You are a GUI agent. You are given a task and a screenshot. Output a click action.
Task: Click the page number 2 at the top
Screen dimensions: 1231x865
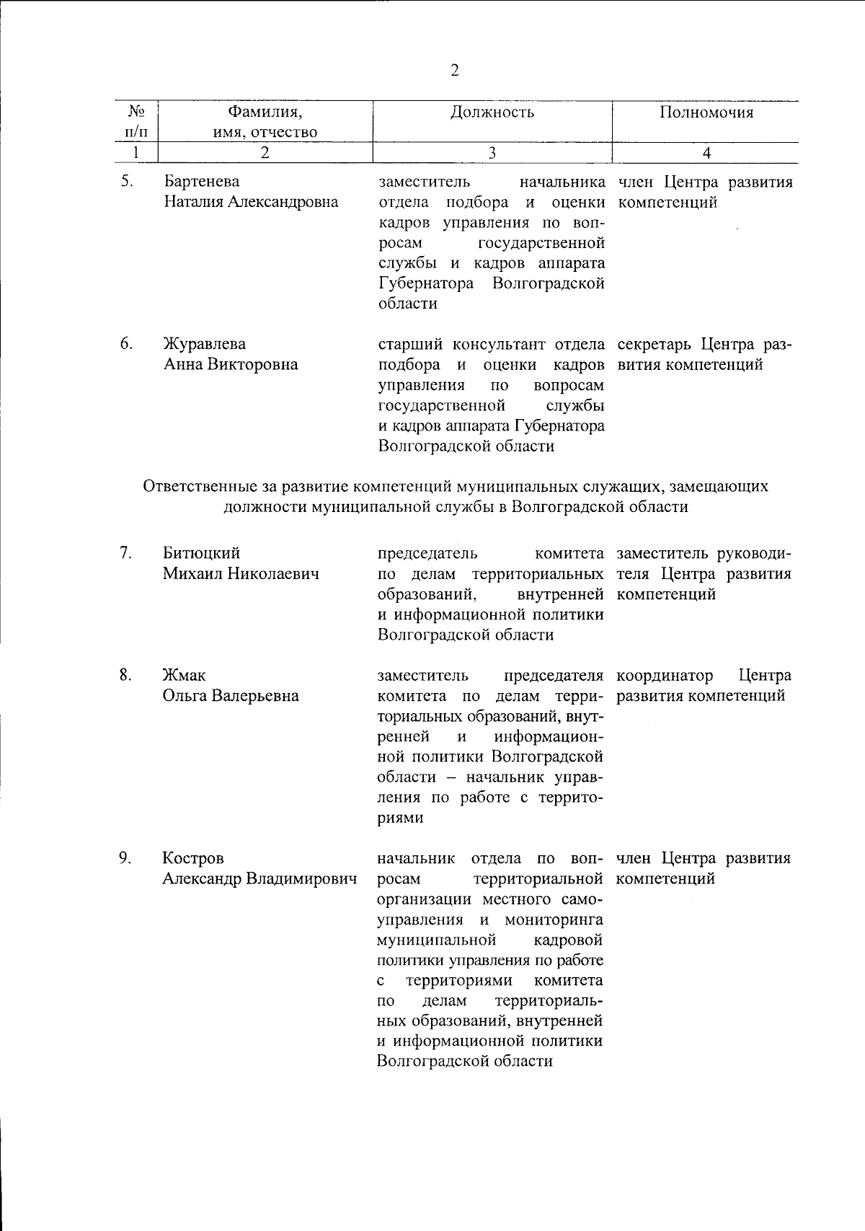point(455,70)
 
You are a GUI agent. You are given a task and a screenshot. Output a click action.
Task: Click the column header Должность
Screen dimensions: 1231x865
point(492,112)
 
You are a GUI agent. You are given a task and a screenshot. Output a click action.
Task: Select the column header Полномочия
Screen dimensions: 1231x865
point(706,112)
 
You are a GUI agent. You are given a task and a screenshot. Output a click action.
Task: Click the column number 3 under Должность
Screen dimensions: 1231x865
point(492,152)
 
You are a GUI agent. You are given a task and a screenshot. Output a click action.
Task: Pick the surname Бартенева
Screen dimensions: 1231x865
point(202,181)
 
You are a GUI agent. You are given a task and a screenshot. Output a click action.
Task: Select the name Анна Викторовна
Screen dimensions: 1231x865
point(231,364)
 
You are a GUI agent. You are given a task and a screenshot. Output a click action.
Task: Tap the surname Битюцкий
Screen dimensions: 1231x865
point(201,553)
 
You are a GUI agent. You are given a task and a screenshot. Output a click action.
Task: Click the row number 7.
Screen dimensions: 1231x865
point(125,553)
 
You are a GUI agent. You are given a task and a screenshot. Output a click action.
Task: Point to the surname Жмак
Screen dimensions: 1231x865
point(184,675)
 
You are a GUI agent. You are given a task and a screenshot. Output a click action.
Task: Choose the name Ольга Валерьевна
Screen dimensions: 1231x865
point(231,696)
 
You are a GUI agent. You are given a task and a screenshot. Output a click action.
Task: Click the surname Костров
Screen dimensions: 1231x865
point(193,858)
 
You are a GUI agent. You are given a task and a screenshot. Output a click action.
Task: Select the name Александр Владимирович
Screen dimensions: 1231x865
point(260,879)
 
